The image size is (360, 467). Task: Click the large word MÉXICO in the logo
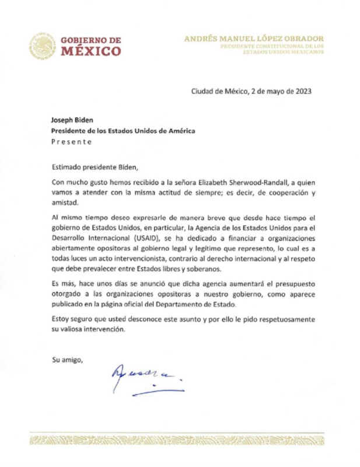tap(92, 51)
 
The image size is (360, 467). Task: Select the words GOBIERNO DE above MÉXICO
tap(92, 40)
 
